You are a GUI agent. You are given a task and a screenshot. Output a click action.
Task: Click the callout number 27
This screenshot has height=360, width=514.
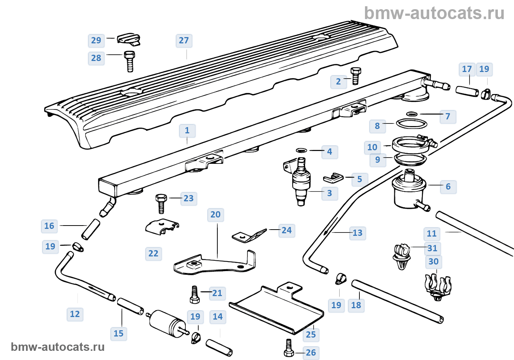tap(184, 40)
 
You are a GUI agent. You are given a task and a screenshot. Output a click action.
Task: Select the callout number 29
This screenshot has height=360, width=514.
tap(96, 40)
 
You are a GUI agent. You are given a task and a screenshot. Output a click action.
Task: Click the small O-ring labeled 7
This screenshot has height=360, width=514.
tap(412, 114)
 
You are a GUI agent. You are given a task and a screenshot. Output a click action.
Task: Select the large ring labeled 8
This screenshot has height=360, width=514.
tap(412, 123)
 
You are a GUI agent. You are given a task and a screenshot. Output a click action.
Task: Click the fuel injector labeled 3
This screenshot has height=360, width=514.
tap(301, 182)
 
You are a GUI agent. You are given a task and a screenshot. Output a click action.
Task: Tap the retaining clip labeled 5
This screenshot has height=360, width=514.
tap(333, 178)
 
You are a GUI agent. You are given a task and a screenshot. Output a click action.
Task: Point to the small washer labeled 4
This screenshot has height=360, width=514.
tap(301, 150)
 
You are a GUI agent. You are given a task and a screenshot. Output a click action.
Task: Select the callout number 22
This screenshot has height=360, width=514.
tap(153, 253)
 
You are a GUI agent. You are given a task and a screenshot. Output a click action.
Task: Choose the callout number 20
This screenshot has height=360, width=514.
tap(216, 215)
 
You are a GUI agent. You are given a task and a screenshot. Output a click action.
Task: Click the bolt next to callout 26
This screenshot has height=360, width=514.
tap(289, 349)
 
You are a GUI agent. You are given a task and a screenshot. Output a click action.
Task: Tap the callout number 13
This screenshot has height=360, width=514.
tap(357, 233)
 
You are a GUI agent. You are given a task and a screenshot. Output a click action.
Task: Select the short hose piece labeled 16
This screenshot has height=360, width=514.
tap(91, 229)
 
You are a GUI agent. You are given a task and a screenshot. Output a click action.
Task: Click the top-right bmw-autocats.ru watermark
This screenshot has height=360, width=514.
tap(434, 13)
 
